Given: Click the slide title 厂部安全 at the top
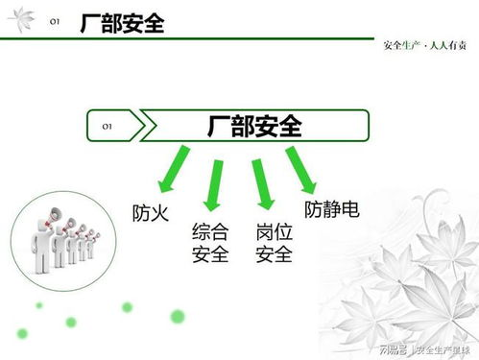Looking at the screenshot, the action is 122,24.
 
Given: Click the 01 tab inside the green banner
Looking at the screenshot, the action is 108,125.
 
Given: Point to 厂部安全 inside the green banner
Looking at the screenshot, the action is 254,126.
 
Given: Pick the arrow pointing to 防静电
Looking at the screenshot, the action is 303,171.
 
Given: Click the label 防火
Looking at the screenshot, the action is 150,212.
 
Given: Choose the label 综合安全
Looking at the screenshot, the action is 210,243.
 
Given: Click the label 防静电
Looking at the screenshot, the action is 332,208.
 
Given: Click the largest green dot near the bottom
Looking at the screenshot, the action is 177,316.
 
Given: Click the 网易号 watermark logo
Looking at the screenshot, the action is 393,348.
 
